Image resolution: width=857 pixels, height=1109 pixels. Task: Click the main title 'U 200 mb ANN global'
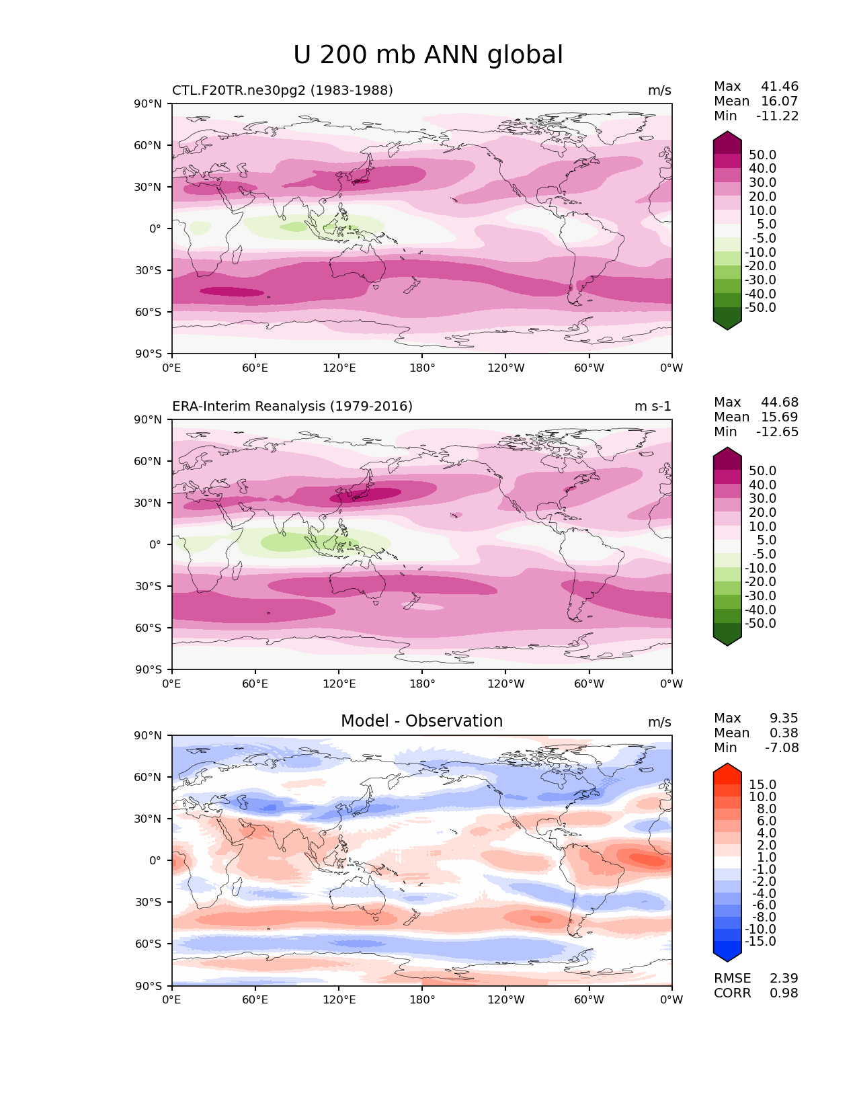[x=428, y=55]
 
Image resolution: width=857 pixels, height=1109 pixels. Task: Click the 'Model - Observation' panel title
[x=421, y=721]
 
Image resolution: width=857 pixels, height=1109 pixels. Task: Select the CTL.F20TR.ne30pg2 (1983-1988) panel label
[x=282, y=91]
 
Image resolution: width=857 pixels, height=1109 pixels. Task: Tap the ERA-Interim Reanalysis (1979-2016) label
[x=292, y=407]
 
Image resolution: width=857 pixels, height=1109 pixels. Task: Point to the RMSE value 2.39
[x=784, y=979]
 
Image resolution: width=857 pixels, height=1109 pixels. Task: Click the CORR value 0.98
[x=784, y=993]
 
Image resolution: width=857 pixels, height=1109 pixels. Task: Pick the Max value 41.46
[x=780, y=87]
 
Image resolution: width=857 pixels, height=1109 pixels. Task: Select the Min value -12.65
[x=778, y=432]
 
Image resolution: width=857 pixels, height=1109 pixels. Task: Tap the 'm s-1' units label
[x=653, y=407]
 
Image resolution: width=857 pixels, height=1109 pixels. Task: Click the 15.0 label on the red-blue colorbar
[x=763, y=785]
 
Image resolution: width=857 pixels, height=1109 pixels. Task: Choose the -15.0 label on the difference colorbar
[x=761, y=942]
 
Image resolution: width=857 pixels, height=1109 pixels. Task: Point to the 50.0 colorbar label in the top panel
[x=763, y=155]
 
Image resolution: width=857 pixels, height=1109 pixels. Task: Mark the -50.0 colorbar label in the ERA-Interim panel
[x=761, y=624]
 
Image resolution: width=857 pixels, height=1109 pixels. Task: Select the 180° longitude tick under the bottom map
[x=422, y=1000]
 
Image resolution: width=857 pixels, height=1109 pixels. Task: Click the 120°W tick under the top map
[x=505, y=368]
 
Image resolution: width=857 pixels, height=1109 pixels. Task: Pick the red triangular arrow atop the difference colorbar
[x=727, y=768]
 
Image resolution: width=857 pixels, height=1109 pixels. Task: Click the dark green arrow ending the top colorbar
[x=727, y=323]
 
